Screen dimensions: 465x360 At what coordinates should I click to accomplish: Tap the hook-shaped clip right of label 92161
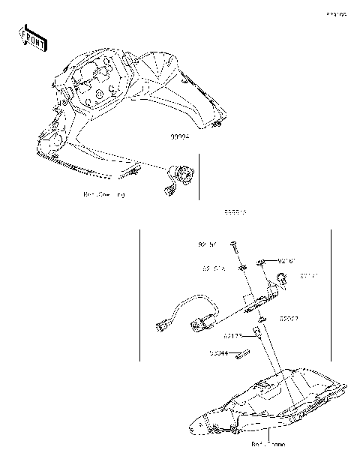[x=282, y=280]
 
